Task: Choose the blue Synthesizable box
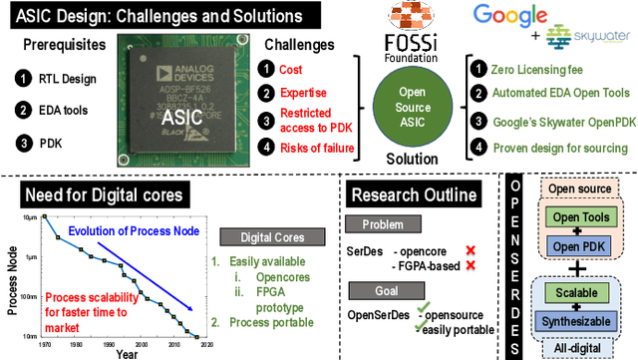coord(582,321)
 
